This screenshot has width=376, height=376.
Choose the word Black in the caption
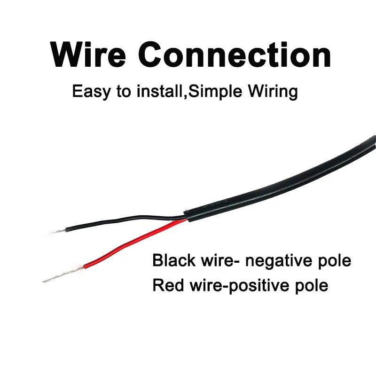coord(174,260)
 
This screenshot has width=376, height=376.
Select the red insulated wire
coord(132,244)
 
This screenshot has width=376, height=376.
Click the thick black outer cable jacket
coord(282,183)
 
